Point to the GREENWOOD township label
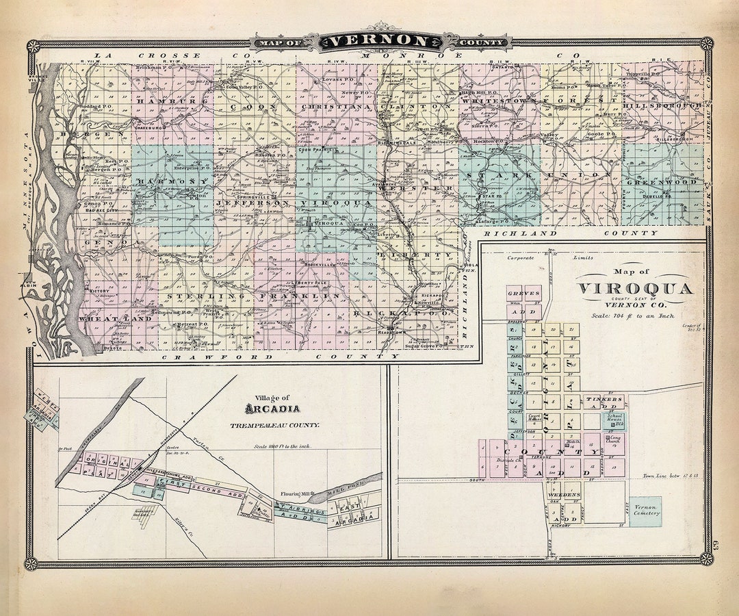662,182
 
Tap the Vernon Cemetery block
645,511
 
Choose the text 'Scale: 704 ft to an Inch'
633,316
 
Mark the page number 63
707,545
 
